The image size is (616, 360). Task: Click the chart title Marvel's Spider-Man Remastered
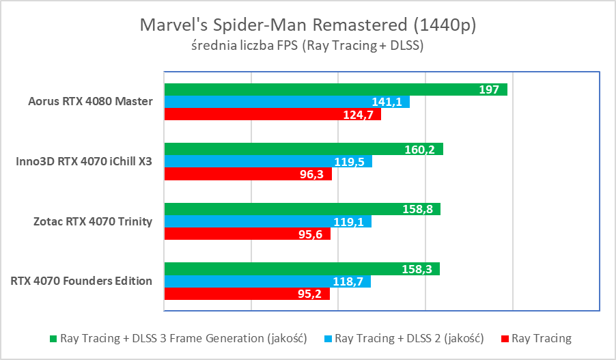pyautogui.click(x=307, y=25)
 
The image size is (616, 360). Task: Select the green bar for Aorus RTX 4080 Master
pyautogui.click(x=335, y=89)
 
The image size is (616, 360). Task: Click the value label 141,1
pyautogui.click(x=386, y=102)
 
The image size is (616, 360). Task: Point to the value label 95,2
pyautogui.click(x=311, y=294)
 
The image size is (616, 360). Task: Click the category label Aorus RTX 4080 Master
pyautogui.click(x=90, y=102)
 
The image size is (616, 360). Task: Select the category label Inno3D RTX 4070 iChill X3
pyautogui.click(x=84, y=162)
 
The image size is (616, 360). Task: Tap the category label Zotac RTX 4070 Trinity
pyautogui.click(x=92, y=221)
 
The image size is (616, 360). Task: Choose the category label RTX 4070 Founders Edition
pyautogui.click(x=81, y=281)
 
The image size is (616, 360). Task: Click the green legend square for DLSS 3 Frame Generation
pyautogui.click(x=53, y=338)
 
